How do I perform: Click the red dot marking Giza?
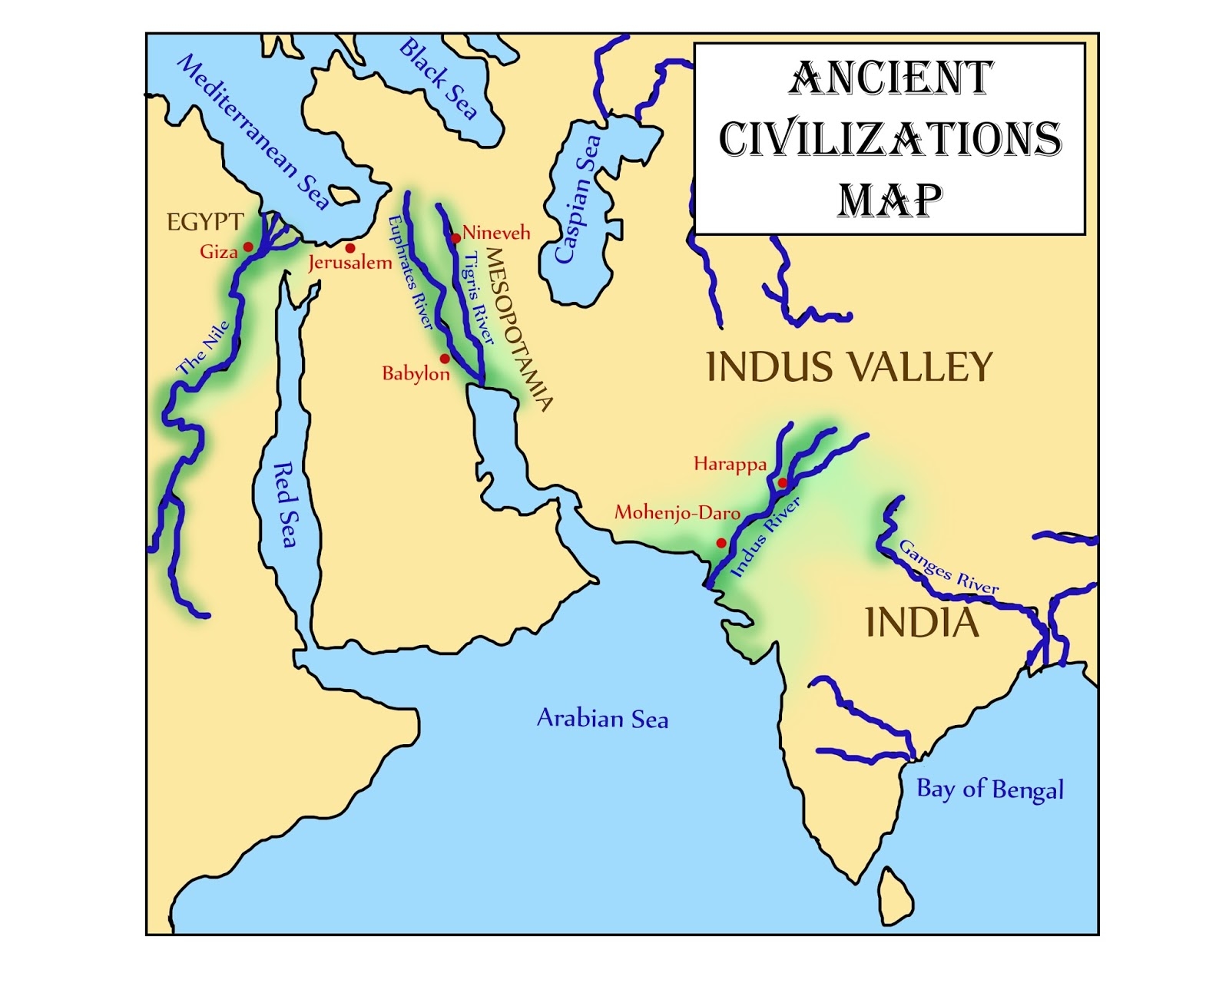(248, 247)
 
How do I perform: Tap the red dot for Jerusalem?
(350, 248)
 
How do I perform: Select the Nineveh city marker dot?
(455, 238)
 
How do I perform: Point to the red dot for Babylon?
(444, 359)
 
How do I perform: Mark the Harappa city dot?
(782, 483)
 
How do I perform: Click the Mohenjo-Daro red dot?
(721, 543)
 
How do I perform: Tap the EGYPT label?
(205, 223)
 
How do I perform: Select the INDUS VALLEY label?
(849, 366)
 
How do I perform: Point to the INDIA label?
(922, 622)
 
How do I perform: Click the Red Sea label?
(285, 505)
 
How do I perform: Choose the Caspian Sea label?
(578, 200)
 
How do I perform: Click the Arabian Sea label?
(602, 718)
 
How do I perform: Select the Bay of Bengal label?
(990, 789)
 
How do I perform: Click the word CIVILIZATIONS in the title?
(890, 139)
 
